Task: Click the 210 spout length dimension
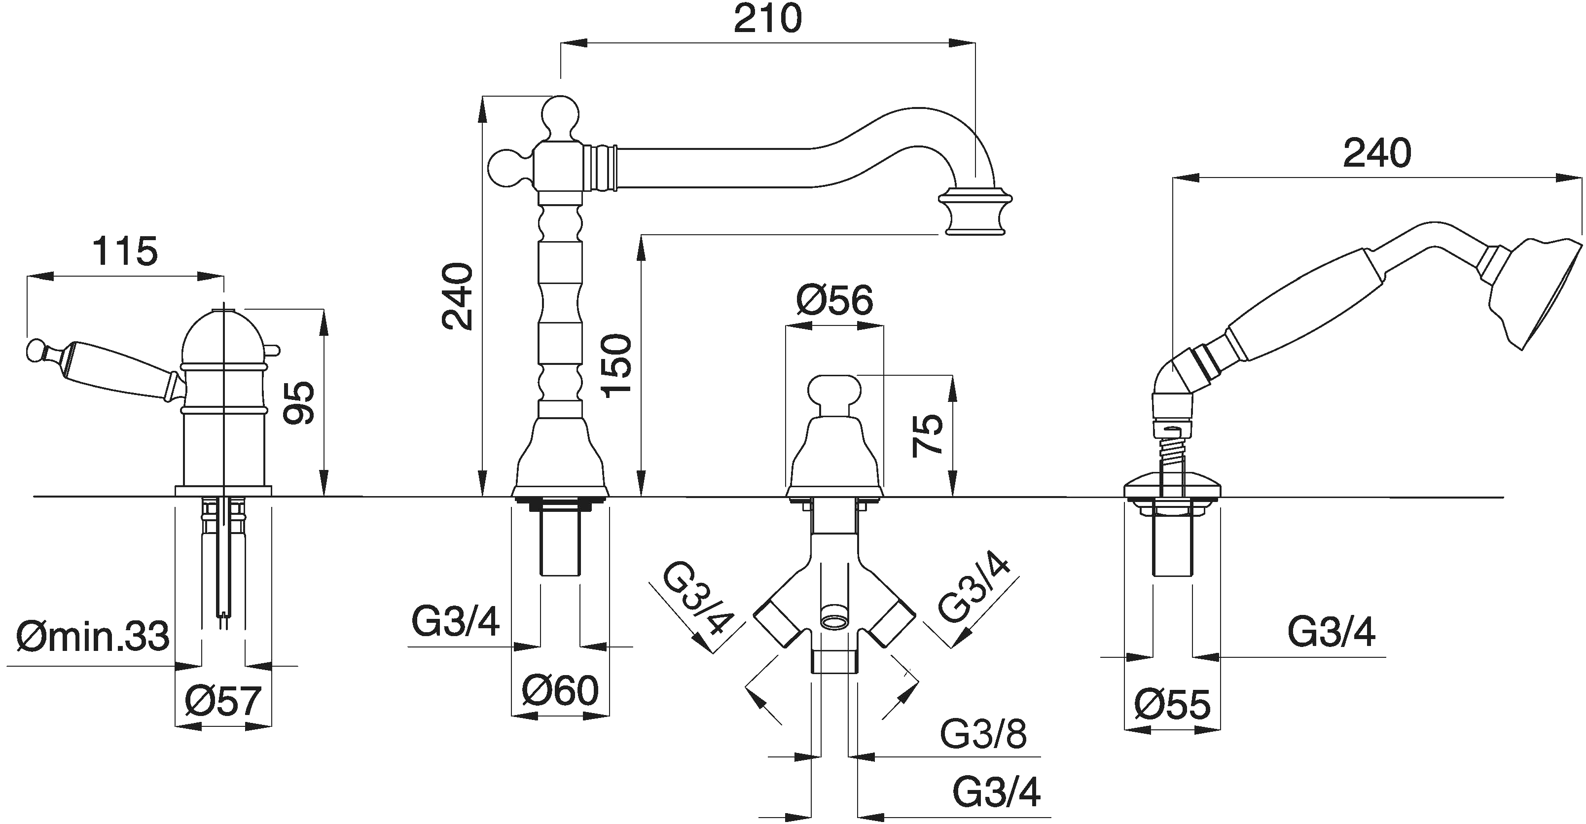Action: [x=767, y=19]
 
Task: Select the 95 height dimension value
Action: [x=298, y=403]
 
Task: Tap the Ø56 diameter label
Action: [x=834, y=300]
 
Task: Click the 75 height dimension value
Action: [x=927, y=435]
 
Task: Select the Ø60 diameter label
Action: [x=560, y=690]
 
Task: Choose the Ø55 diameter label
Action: [x=1172, y=705]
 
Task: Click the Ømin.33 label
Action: [x=92, y=636]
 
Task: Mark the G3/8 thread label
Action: [x=983, y=734]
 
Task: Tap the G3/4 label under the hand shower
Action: [x=1331, y=633]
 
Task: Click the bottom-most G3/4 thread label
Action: [x=996, y=792]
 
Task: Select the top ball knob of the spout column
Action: [x=561, y=116]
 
